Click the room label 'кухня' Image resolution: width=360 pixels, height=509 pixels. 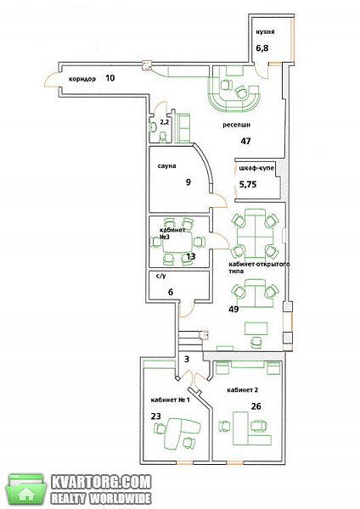point(265,32)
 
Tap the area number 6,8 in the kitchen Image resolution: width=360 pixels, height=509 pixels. point(262,48)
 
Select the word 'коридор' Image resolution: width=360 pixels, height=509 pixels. point(82,79)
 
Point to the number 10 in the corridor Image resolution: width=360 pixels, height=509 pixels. point(110,78)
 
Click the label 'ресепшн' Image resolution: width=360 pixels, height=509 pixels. point(237,125)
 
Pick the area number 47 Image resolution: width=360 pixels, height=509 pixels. point(245,141)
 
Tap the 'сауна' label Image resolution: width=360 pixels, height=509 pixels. point(167,166)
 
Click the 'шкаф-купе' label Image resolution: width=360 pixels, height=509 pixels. point(256,169)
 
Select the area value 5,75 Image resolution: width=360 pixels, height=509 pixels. point(248,184)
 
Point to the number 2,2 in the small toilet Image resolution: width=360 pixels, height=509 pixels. point(164,122)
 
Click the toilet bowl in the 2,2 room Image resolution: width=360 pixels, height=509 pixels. point(163,137)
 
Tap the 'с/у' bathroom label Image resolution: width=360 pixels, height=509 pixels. point(160,277)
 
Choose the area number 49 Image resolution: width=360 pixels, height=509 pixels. point(233,309)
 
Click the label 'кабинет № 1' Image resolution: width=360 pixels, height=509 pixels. point(171,400)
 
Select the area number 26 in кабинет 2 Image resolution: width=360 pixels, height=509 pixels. point(256,406)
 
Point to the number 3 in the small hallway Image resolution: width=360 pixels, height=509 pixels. point(187,360)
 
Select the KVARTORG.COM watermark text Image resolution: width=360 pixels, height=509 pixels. point(101,483)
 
